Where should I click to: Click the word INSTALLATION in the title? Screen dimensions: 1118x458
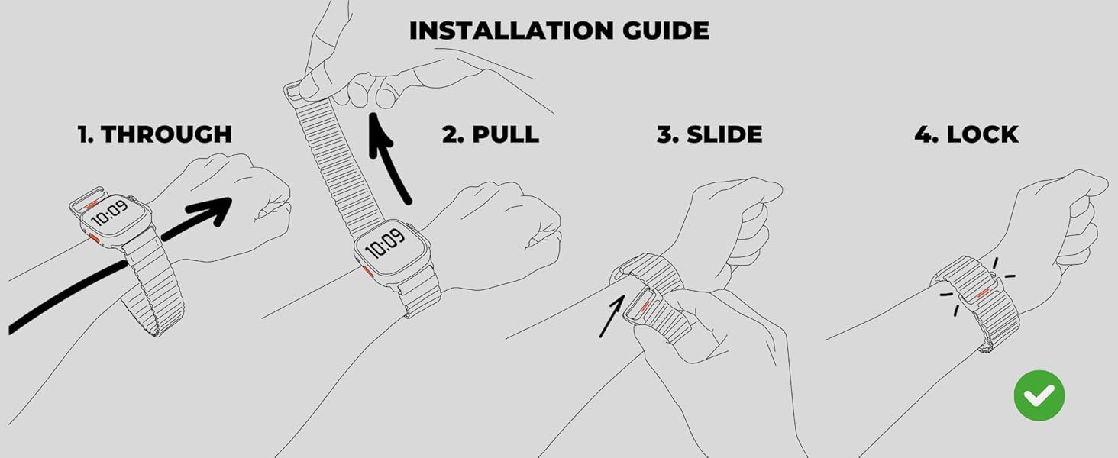coord(512,31)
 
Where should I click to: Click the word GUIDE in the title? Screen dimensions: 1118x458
coord(666,31)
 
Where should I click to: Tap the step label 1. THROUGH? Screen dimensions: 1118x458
coord(155,134)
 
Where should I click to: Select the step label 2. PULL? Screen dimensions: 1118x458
coord(490,134)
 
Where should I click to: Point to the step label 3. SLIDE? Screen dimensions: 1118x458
coord(709,134)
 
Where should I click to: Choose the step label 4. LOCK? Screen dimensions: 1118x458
coord(966,134)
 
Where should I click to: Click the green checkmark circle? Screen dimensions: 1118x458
coord(1039,395)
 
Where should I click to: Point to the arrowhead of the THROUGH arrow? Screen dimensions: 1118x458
coord(212,211)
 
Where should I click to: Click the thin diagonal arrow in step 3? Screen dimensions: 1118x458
coord(612,316)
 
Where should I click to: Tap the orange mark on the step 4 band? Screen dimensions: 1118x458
coord(984,293)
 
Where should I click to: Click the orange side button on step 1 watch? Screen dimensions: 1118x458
coord(94,237)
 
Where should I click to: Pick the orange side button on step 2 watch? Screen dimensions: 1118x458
coord(367,272)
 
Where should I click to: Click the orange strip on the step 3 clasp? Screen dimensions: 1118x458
coord(645,306)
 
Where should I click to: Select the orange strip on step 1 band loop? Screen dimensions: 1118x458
coord(92,205)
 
